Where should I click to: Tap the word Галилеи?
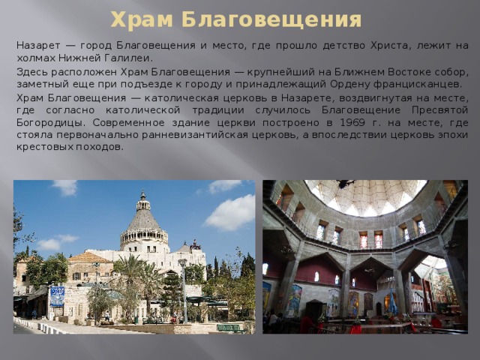(x=132, y=58)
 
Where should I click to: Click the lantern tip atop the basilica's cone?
(x=142, y=194)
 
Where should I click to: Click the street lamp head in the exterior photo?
(x=181, y=263)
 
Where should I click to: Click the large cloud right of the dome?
(x=230, y=213)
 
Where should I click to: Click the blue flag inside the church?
(x=391, y=303)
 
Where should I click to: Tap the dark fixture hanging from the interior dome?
(x=346, y=183)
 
